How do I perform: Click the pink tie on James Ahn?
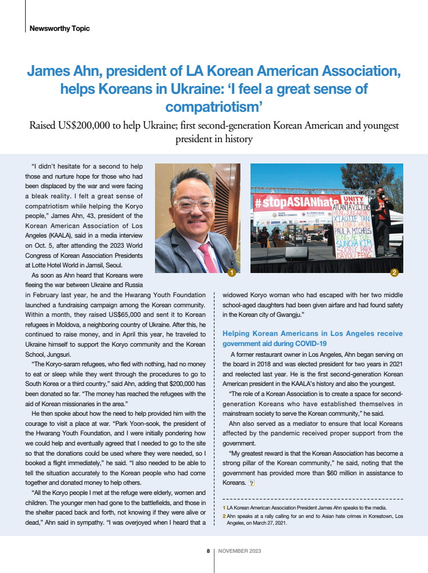pos(209,258)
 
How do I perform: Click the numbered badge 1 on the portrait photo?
pos(231,272)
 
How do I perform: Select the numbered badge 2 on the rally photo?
pos(394,272)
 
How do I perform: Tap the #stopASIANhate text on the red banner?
pos(296,201)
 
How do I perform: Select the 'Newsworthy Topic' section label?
pos(60,28)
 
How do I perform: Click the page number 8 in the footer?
pos(208,551)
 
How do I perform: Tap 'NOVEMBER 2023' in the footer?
pos(240,551)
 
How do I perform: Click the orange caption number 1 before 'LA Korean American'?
pos(224,508)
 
